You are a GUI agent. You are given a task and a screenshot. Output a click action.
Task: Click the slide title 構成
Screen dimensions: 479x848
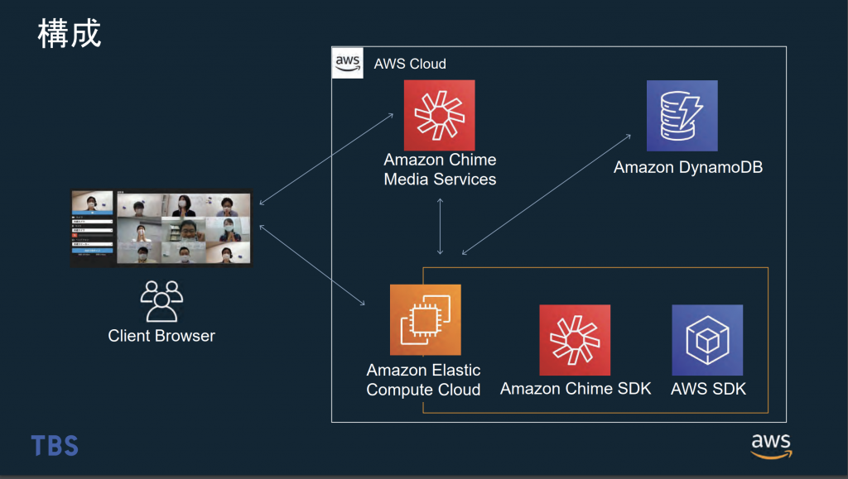(69, 34)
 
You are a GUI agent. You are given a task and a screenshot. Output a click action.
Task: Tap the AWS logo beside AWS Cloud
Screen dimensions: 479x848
(347, 63)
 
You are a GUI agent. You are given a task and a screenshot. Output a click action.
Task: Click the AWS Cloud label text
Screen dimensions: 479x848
(410, 64)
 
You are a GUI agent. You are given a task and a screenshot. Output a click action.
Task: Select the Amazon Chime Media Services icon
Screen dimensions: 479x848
(439, 115)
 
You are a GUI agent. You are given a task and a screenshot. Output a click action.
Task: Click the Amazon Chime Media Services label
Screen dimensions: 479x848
(440, 169)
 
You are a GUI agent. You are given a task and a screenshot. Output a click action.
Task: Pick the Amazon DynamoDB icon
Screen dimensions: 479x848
(682, 115)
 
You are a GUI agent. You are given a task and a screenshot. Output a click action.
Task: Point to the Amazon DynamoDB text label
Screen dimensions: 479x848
(687, 168)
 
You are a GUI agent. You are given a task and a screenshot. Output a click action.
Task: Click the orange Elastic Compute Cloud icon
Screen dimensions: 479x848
(425, 319)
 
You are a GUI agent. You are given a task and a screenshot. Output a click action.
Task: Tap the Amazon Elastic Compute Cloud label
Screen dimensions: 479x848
(423, 380)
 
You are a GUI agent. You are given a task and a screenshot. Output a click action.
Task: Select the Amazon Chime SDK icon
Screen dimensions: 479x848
(575, 340)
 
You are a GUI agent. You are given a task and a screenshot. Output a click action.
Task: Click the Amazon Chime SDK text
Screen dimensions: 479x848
(576, 388)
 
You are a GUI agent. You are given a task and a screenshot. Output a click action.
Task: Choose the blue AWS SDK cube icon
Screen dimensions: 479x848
(706, 340)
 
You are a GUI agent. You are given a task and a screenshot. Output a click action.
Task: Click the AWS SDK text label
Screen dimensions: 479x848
(708, 388)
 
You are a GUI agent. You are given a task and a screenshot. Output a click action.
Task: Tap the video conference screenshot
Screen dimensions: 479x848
(161, 228)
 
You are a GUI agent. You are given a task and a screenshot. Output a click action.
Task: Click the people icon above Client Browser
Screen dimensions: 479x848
(161, 301)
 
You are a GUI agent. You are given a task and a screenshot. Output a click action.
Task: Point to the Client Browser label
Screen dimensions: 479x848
(161, 336)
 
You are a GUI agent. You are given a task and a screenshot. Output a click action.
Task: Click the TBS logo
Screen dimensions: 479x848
(55, 446)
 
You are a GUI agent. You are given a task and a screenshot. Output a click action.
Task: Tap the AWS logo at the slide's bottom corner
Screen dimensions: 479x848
(771, 444)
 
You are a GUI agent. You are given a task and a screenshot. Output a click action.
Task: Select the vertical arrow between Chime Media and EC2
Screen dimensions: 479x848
(440, 225)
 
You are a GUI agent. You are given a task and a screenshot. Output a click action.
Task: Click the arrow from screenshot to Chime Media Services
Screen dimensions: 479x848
(326, 158)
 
